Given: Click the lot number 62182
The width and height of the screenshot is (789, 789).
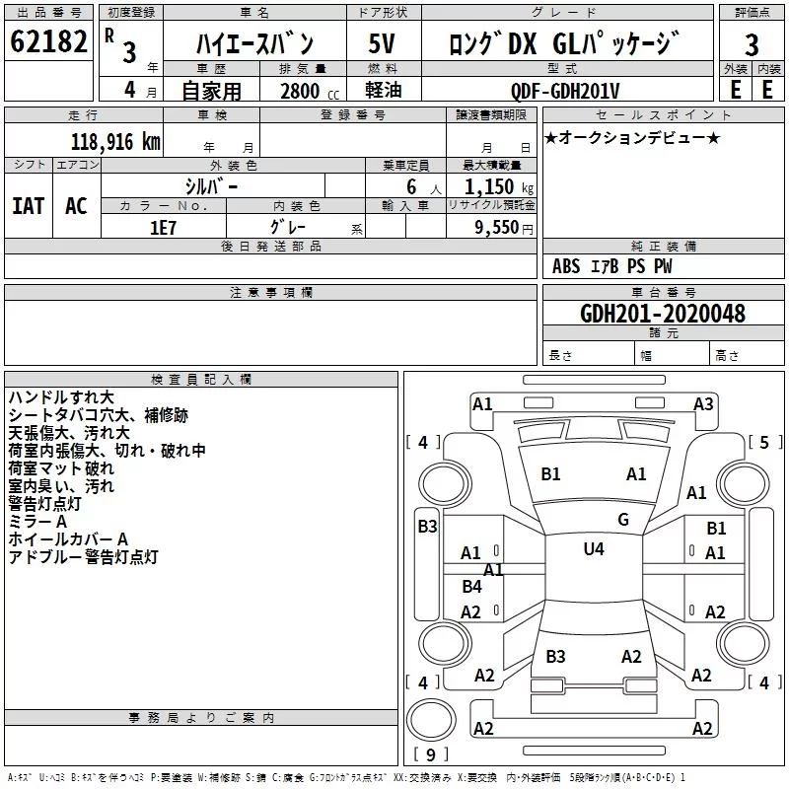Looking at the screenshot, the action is click(x=48, y=41).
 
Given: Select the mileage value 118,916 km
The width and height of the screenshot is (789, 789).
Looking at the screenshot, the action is click(x=115, y=142).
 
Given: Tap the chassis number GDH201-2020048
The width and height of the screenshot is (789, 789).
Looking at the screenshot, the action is click(x=663, y=314).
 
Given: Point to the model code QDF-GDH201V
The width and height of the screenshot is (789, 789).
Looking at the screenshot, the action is click(x=564, y=91).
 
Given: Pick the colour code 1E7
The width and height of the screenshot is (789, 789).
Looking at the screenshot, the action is click(x=163, y=228).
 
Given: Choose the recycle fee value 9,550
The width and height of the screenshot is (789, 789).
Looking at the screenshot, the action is click(x=497, y=228).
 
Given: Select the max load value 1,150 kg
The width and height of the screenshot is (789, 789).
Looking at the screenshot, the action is click(x=499, y=187).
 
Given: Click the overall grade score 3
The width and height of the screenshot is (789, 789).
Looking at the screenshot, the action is click(x=752, y=44).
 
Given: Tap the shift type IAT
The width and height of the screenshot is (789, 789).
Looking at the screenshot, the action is click(x=29, y=206).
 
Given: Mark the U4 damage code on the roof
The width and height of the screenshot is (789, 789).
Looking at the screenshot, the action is click(x=594, y=548).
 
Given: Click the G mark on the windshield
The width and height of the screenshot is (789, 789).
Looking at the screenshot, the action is click(x=623, y=519).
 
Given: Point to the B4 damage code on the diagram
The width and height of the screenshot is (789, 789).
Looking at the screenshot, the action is click(x=471, y=586).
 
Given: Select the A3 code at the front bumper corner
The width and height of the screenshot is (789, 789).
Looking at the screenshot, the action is click(x=703, y=404).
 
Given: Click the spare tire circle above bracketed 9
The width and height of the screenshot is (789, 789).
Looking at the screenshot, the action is click(x=431, y=720).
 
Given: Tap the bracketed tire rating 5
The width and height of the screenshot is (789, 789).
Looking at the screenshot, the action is click(x=764, y=442).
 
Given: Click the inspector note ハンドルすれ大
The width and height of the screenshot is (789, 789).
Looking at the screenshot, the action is click(x=61, y=397).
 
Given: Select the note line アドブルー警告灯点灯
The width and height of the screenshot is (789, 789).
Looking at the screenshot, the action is click(x=84, y=557).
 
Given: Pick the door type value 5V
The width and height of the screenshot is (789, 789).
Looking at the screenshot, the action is click(x=382, y=43).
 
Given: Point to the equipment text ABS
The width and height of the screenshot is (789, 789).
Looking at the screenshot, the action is click(x=566, y=266).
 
